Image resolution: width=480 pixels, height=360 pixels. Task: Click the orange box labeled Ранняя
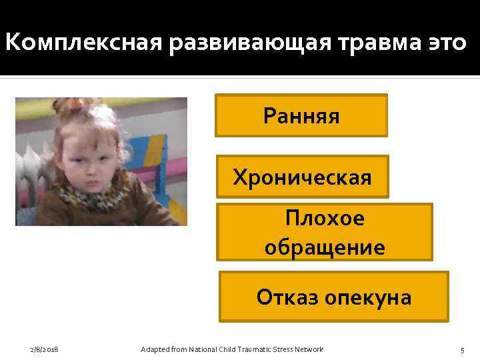pyautogui.click(x=301, y=116)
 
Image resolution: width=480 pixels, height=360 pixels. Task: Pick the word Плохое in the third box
pyautogui.click(x=325, y=219)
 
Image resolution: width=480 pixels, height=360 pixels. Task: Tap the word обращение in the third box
pyautogui.click(x=325, y=247)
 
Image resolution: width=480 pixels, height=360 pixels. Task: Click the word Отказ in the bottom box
pyautogui.click(x=287, y=297)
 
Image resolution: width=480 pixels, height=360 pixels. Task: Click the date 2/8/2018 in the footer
pyautogui.click(x=45, y=350)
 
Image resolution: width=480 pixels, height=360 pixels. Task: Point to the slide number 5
pyautogui.click(x=461, y=350)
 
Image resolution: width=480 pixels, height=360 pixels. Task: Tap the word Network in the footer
pyautogui.click(x=308, y=350)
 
